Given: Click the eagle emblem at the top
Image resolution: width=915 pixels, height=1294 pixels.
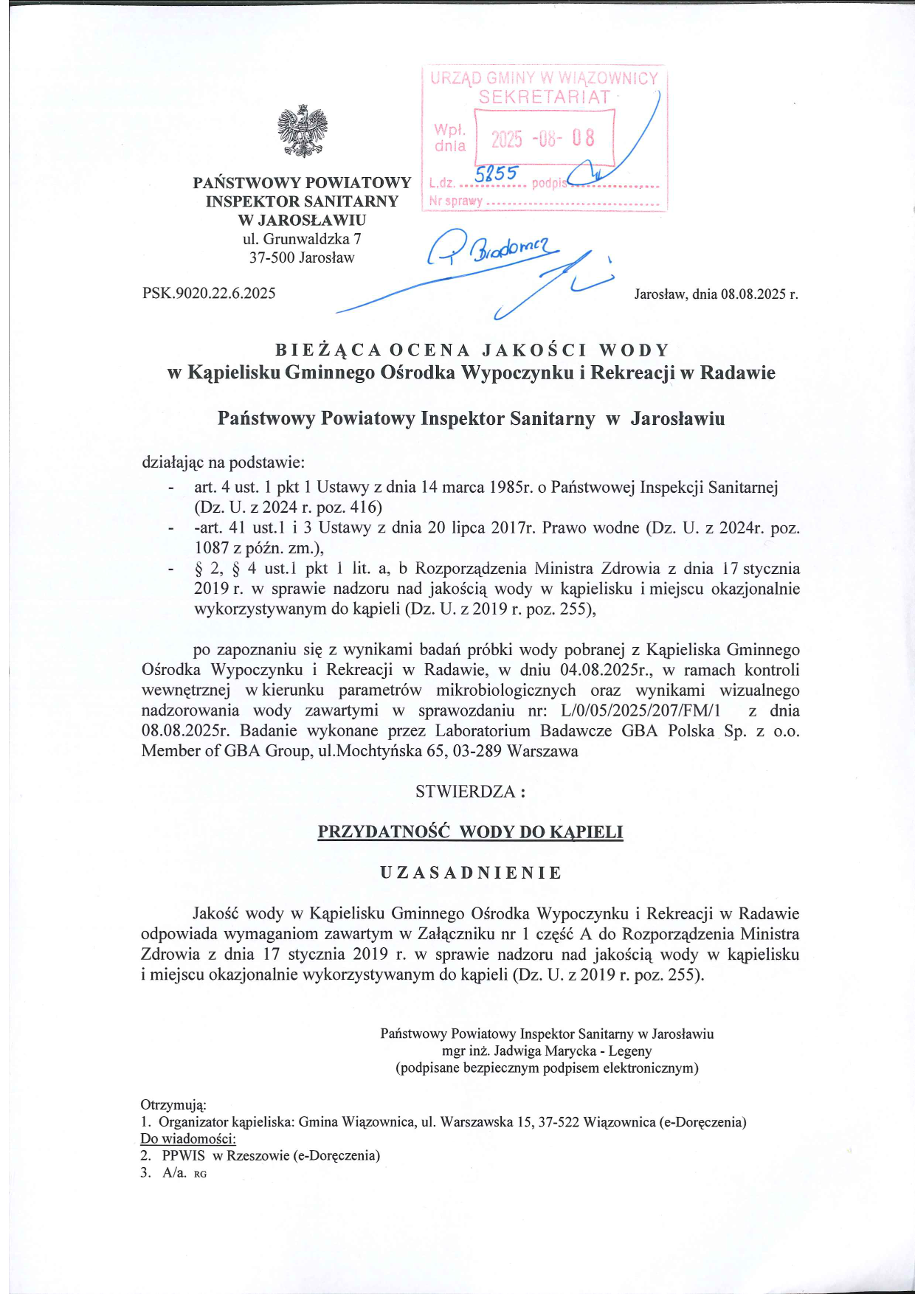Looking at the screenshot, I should [302, 131].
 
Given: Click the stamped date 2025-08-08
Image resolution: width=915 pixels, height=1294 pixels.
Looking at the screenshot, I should [543, 139].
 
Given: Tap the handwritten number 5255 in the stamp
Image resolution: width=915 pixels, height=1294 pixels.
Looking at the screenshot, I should [497, 174].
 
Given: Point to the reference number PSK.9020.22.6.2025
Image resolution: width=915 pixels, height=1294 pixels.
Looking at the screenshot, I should [209, 294].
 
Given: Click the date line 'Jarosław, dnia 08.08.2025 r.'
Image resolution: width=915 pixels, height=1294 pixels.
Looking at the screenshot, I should [716, 294].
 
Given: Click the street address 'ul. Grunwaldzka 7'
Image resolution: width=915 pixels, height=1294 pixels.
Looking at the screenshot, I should [302, 239].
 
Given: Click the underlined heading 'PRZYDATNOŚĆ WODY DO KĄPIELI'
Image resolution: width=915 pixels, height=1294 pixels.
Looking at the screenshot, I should [470, 832].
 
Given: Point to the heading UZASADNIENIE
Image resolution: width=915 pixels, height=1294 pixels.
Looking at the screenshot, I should [471, 873].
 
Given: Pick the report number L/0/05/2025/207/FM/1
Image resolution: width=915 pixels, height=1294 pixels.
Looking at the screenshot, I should [640, 710].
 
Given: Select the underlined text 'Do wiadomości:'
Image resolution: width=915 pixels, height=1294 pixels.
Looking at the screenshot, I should [187, 1138].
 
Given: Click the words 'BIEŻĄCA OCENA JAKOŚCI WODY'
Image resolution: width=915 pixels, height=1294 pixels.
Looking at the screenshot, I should [472, 350].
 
